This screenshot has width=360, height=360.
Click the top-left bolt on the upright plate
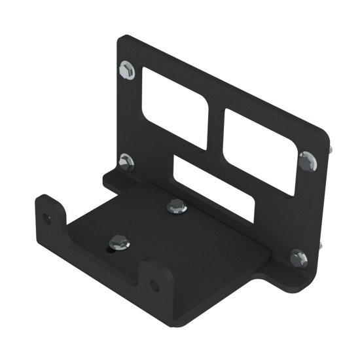click(128, 69)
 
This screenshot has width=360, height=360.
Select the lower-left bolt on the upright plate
click(127, 162)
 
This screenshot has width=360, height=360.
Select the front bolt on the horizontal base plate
click(119, 242)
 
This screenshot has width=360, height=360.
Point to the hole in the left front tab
click(46, 218)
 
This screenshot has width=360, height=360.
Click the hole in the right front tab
click(154, 285)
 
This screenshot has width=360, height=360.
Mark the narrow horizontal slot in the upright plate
click(212, 187)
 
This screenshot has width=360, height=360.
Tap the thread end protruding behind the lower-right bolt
click(321, 246)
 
